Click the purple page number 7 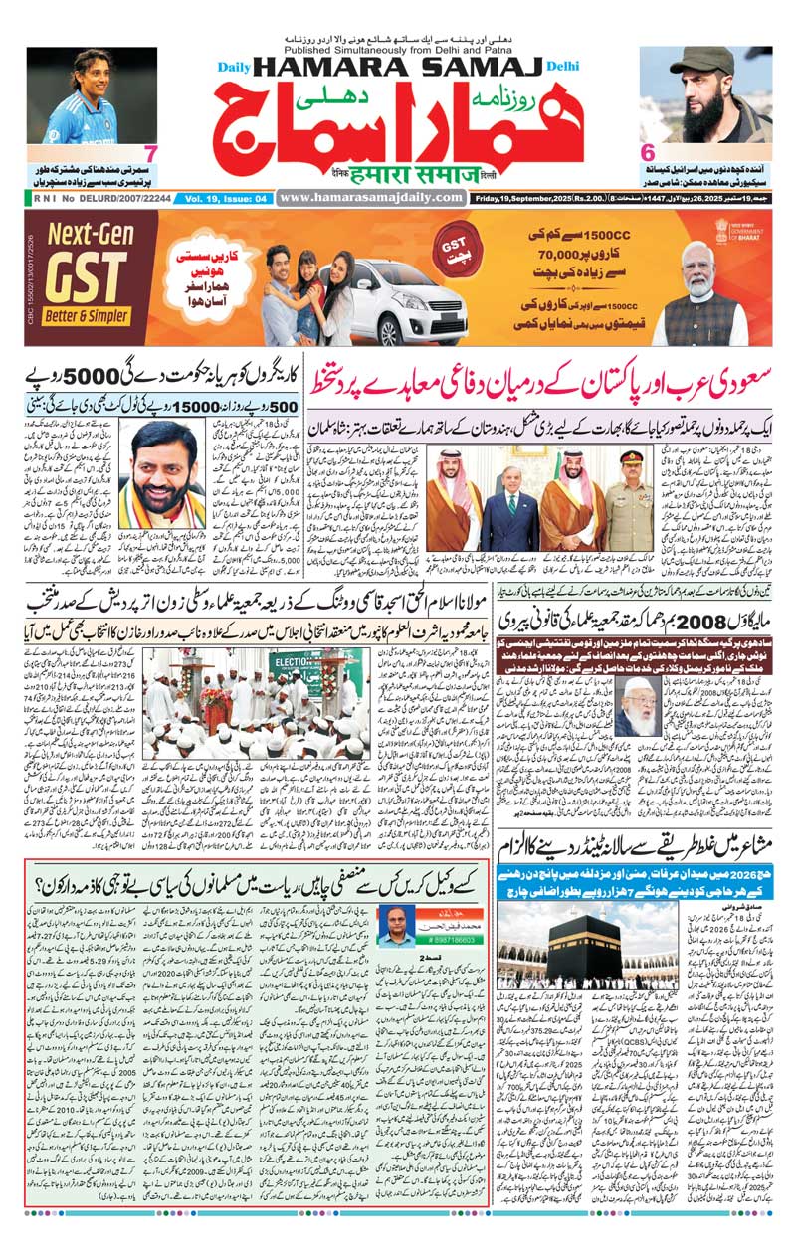150,154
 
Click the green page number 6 647,154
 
